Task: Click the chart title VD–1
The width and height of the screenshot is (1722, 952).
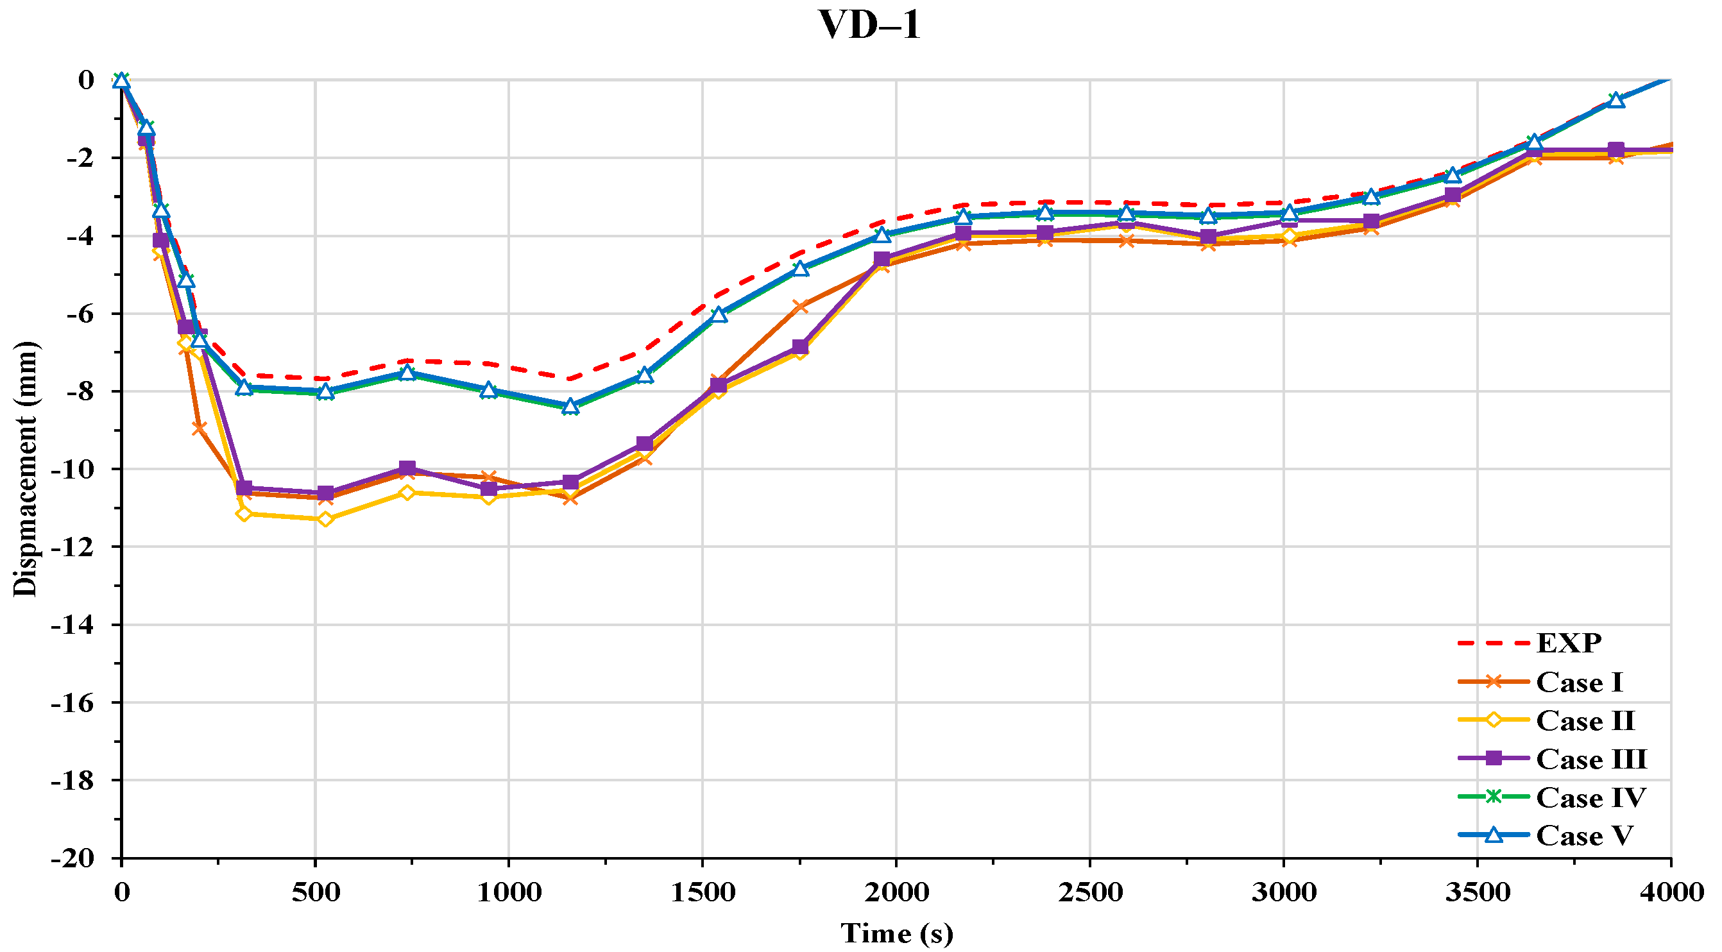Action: tap(870, 26)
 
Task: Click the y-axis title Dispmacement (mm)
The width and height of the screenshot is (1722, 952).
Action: tap(26, 468)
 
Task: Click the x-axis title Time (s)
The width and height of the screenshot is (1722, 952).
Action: tap(896, 933)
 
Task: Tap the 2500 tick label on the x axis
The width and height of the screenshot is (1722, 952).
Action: tap(1089, 892)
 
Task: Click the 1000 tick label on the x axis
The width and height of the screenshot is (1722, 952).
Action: tap(508, 892)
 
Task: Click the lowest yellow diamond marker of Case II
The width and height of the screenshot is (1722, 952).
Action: tap(325, 519)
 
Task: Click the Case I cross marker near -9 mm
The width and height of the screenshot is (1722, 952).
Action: tap(198, 428)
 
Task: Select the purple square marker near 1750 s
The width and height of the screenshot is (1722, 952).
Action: tap(800, 346)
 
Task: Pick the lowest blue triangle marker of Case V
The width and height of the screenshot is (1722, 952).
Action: tap(570, 406)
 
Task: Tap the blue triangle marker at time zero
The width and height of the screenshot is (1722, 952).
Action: tap(121, 80)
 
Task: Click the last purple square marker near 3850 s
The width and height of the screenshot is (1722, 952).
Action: tap(1615, 149)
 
